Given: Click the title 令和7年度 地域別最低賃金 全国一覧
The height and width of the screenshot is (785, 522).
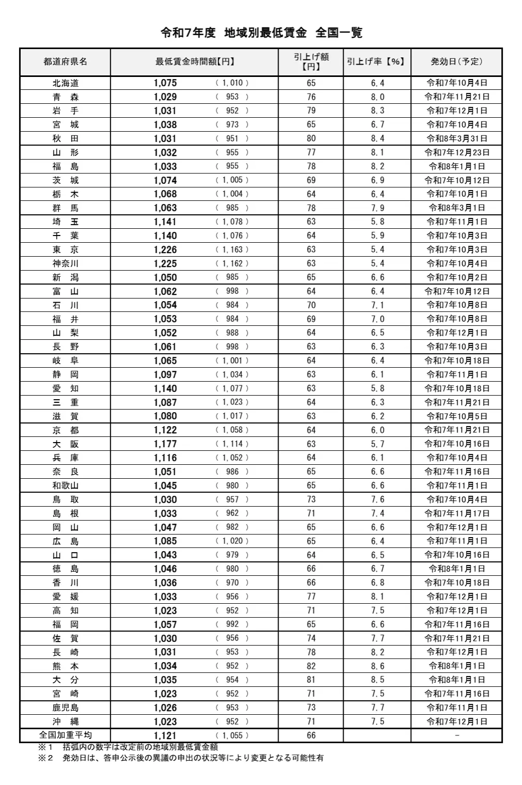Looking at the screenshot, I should [x=261, y=33].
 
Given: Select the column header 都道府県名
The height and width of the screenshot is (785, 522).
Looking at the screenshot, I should [x=65, y=62].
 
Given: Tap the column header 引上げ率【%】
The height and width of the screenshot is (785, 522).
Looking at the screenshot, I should [x=376, y=62].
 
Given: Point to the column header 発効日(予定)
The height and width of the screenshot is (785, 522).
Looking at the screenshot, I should [x=456, y=62].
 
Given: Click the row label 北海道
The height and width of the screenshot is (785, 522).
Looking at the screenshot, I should [x=65, y=83].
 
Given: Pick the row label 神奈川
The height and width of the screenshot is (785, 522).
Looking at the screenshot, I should [x=65, y=263].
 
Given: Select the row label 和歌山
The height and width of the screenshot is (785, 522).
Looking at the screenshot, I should [x=65, y=485].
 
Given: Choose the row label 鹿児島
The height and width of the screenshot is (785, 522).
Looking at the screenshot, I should [x=65, y=708].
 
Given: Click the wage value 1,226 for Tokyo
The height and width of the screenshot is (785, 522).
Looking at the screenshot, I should [x=165, y=249].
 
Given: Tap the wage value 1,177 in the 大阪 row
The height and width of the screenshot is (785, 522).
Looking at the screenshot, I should [x=165, y=444].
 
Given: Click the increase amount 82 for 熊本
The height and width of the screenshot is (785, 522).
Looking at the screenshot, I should [x=311, y=666].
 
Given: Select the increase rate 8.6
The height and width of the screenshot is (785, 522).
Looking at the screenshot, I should [x=377, y=666].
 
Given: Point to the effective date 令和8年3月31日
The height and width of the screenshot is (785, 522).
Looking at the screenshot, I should [x=456, y=138].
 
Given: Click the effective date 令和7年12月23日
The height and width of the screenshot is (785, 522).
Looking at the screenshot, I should [x=456, y=152].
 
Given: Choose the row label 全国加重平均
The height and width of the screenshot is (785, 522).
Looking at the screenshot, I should [x=65, y=735].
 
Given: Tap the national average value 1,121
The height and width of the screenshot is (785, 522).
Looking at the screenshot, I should [x=165, y=735].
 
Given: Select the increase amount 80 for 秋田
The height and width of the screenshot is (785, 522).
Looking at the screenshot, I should [x=311, y=138].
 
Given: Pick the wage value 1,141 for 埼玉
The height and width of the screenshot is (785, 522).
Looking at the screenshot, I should [x=165, y=222].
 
